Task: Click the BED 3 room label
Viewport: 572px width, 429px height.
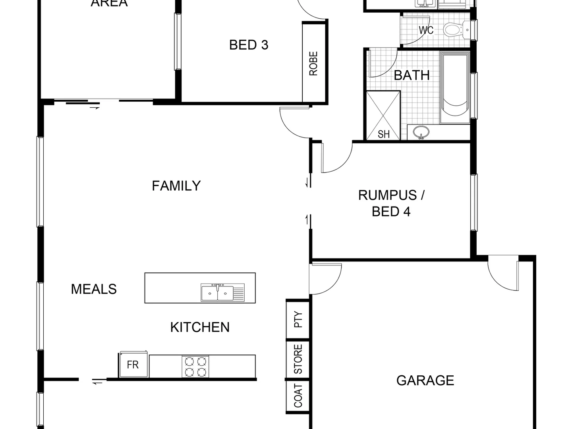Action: pyautogui.click(x=249, y=45)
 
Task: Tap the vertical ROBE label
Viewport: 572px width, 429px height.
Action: pyautogui.click(x=313, y=64)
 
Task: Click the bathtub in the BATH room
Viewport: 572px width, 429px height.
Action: pyautogui.click(x=455, y=85)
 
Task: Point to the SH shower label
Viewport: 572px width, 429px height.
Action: pyautogui.click(x=383, y=134)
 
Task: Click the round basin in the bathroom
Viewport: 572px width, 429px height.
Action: pyautogui.click(x=421, y=132)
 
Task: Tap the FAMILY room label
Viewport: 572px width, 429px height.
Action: pyautogui.click(x=176, y=186)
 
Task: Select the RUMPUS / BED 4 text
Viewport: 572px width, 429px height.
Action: pyautogui.click(x=391, y=203)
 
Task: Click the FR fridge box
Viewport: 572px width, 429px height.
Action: pyautogui.click(x=133, y=365)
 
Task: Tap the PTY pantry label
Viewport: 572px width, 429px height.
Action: pyautogui.click(x=298, y=319)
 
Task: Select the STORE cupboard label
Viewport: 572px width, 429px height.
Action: pyautogui.click(x=298, y=359)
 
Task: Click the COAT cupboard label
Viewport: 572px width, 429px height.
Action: pyautogui.click(x=298, y=396)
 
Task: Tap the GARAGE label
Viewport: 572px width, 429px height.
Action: pyautogui.click(x=425, y=381)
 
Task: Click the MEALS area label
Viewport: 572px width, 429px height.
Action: pyautogui.click(x=94, y=289)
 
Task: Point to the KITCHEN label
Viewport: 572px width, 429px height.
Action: pyautogui.click(x=200, y=327)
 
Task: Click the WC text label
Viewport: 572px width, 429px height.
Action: pyautogui.click(x=426, y=30)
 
